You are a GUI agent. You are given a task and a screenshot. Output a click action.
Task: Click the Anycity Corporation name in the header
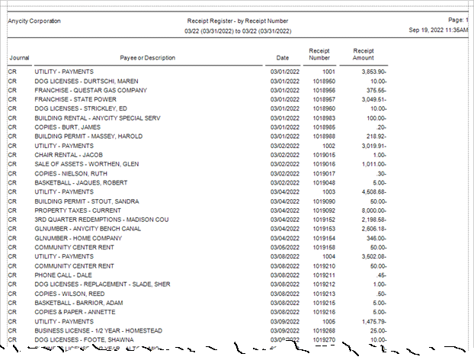click(34, 21)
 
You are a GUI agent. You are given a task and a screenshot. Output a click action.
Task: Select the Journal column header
click(19, 58)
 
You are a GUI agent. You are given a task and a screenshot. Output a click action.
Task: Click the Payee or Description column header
click(147, 58)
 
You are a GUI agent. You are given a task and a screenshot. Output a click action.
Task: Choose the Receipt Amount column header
click(364, 54)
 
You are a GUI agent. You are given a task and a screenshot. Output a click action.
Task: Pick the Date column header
click(283, 58)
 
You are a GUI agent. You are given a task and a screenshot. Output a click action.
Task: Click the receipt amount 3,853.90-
click(371, 71)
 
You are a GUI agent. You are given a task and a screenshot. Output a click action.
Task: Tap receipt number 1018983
click(319, 117)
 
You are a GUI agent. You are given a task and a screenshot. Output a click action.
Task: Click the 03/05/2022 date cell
click(283, 247)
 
